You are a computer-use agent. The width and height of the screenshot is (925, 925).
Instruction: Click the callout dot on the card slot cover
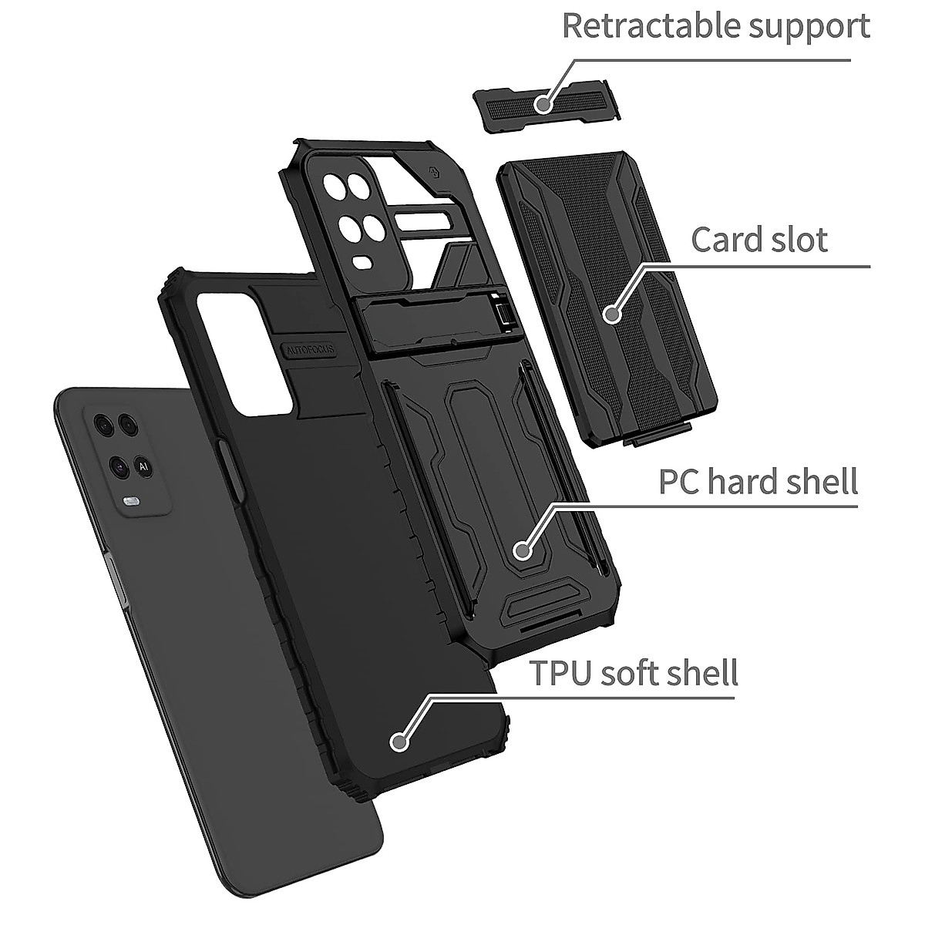tap(612, 314)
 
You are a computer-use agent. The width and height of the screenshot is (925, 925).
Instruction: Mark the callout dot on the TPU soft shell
tap(399, 742)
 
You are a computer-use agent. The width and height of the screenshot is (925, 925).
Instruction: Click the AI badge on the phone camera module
tap(143, 466)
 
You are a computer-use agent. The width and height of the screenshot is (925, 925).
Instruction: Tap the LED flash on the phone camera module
tap(129, 502)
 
